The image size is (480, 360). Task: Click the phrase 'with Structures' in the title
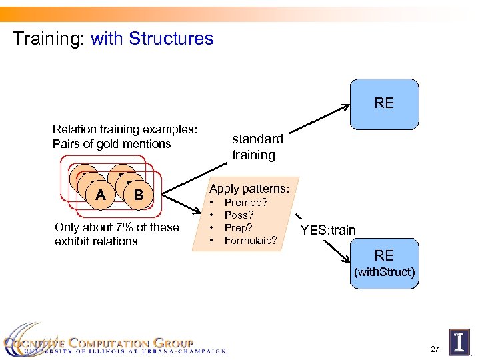pos(152,39)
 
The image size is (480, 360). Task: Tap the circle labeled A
pos(100,195)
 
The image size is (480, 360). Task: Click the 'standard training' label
pos(257,147)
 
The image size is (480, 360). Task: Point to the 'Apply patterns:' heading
pos(249,189)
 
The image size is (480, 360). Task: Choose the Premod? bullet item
pos(246,203)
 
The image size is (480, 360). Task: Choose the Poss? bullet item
pos(239,215)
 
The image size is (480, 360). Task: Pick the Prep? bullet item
pos(239,227)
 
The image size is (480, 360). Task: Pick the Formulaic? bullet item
pos(251,240)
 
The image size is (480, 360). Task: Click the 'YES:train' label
pos(327,231)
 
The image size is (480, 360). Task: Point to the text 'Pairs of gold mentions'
pos(111,144)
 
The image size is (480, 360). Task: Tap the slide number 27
pos(434,349)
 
